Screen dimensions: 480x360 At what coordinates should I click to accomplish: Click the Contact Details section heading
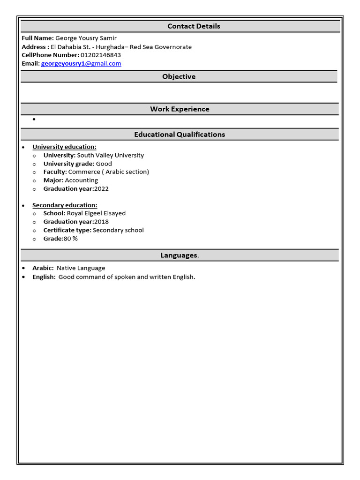(x=194, y=26)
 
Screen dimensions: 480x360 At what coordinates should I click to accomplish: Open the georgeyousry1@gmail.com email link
(x=81, y=63)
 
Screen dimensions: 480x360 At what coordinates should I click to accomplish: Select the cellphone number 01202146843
(x=100, y=55)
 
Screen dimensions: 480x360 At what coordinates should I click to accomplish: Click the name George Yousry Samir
(x=86, y=38)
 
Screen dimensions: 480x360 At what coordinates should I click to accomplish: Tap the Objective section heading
(x=179, y=76)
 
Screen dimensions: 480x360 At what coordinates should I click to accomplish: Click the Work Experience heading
(x=180, y=109)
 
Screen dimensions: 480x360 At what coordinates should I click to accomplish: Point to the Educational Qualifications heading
(x=180, y=135)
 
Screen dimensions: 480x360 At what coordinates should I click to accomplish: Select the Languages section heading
(x=179, y=255)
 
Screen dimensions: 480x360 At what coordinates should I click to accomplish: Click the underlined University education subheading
(x=64, y=147)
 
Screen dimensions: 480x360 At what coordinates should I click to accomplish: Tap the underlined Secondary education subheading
(x=65, y=205)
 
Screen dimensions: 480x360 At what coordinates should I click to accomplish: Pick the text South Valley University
(x=110, y=155)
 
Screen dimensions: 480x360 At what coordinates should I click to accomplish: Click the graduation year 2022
(x=101, y=189)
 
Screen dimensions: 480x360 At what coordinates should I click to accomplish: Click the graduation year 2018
(x=101, y=222)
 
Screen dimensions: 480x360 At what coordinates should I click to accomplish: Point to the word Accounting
(x=82, y=180)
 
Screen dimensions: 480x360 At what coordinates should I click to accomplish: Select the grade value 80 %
(x=71, y=239)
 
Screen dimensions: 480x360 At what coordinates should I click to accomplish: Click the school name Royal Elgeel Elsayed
(x=96, y=213)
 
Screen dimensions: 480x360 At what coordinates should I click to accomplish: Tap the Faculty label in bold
(x=55, y=172)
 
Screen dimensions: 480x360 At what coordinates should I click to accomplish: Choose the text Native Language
(x=81, y=268)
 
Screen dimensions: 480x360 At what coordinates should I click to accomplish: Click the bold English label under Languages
(x=44, y=277)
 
